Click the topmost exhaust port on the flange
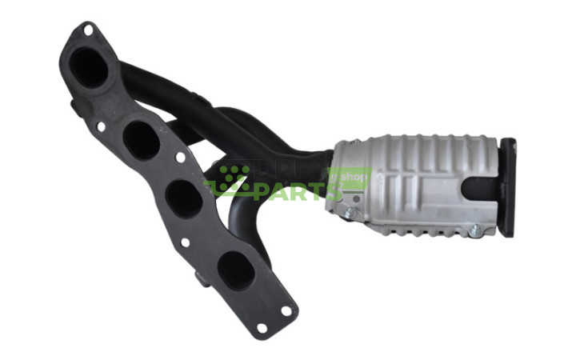pos(90,68)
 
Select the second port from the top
pos(141,140)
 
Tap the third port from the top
pos(184,198)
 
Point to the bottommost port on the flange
pos(236,270)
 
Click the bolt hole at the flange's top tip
pos(86,30)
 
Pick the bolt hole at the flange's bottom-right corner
pos(286,310)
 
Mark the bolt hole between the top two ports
pos(101,126)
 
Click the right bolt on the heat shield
pos(475,230)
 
